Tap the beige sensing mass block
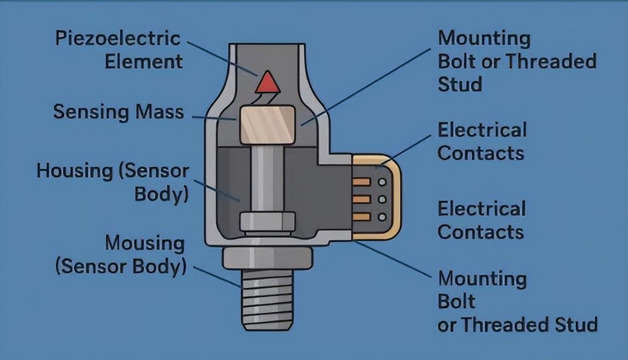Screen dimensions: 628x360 click(x=267, y=124)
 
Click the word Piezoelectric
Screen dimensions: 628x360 click(x=118, y=39)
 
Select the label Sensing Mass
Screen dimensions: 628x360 click(x=118, y=112)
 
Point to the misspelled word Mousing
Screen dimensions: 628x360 click(x=144, y=243)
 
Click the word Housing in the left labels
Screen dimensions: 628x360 click(x=75, y=171)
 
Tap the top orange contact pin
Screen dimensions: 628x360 click(x=361, y=182)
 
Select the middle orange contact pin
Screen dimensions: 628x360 click(x=361, y=199)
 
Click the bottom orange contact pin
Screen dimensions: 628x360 click(x=361, y=217)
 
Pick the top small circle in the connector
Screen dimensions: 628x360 click(x=382, y=182)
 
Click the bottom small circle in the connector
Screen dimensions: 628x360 click(x=382, y=217)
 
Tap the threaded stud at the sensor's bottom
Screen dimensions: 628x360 click(x=267, y=299)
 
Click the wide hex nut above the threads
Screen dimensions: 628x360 click(x=267, y=258)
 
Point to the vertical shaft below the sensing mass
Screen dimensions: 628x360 click(x=267, y=179)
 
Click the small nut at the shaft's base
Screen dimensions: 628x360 click(x=267, y=222)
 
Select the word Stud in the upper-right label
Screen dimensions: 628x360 click(x=460, y=85)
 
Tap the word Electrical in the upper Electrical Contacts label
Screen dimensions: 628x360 click(x=482, y=130)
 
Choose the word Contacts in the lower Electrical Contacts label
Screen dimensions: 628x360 click(x=481, y=232)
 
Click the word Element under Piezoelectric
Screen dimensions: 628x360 click(x=144, y=62)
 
